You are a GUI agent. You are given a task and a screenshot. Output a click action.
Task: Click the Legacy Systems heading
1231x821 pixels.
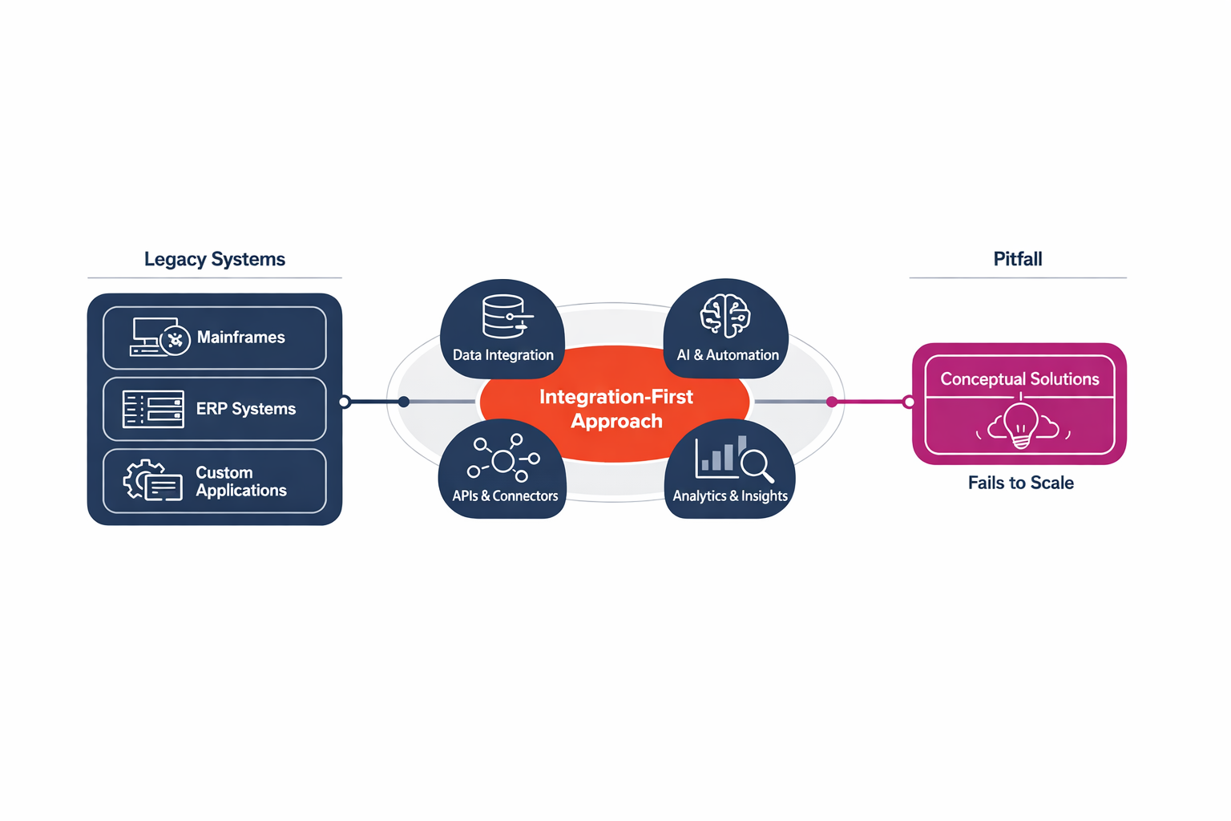pyautogui.click(x=214, y=259)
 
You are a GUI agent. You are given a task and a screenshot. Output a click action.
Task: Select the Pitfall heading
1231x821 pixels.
pyautogui.click(x=1017, y=259)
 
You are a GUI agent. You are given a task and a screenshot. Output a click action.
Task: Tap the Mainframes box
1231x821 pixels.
pyautogui.click(x=215, y=338)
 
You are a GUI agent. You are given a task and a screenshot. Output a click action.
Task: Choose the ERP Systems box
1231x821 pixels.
pyautogui.click(x=215, y=409)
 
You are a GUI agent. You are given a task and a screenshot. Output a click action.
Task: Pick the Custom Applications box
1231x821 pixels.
pyautogui.click(x=215, y=481)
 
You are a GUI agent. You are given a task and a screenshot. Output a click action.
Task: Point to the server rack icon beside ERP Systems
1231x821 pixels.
pyautogui.click(x=153, y=409)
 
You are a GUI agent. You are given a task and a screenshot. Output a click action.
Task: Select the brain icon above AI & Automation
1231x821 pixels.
pyautogui.click(x=725, y=316)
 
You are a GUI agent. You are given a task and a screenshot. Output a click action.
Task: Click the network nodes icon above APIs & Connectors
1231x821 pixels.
pyautogui.click(x=503, y=459)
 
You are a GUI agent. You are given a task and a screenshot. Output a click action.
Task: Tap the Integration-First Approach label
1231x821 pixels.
pyautogui.click(x=616, y=409)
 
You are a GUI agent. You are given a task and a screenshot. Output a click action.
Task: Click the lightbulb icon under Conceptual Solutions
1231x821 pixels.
pyautogui.click(x=1021, y=425)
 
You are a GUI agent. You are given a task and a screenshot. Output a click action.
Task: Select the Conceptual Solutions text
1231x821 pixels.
pyautogui.click(x=1019, y=379)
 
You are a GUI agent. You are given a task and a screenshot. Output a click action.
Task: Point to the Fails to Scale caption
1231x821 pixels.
pyautogui.click(x=1020, y=483)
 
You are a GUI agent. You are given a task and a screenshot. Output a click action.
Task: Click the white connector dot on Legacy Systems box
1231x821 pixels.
pyautogui.click(x=345, y=402)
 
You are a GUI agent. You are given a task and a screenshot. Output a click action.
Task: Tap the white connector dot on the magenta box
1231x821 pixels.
pyautogui.click(x=909, y=402)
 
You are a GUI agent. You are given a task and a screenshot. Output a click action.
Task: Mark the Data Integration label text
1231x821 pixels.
pyautogui.click(x=502, y=355)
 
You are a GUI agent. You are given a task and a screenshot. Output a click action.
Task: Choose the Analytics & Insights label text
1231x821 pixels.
pyautogui.click(x=729, y=496)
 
